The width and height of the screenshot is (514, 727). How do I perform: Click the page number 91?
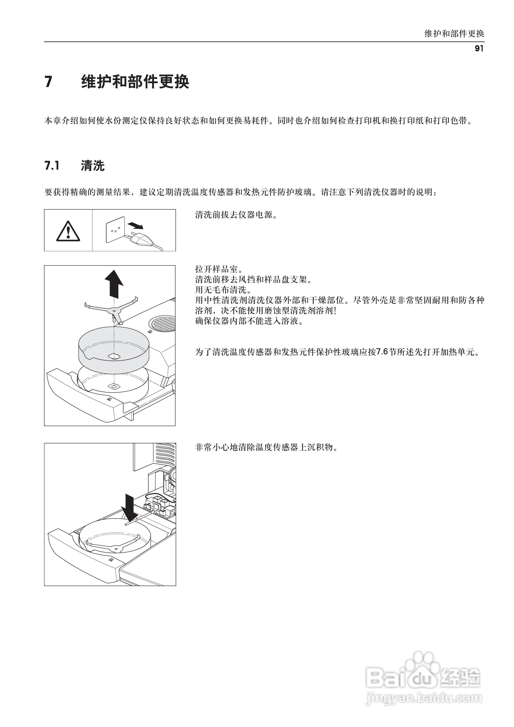[479, 48]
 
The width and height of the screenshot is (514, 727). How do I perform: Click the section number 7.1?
[52, 166]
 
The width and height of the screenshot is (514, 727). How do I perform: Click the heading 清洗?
[92, 166]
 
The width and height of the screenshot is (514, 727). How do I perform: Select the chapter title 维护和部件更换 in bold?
[135, 82]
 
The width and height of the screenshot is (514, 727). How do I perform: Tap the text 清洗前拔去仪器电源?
[236, 215]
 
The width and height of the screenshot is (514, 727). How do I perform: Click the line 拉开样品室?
[218, 269]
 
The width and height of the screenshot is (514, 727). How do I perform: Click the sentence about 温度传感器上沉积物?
[266, 447]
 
